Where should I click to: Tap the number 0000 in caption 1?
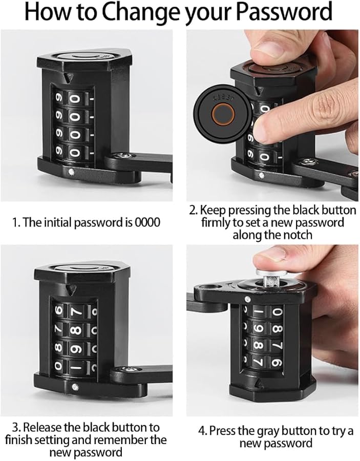tap(147, 223)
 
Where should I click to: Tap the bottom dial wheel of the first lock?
tap(74, 152)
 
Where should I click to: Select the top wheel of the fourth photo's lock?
tap(269, 311)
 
